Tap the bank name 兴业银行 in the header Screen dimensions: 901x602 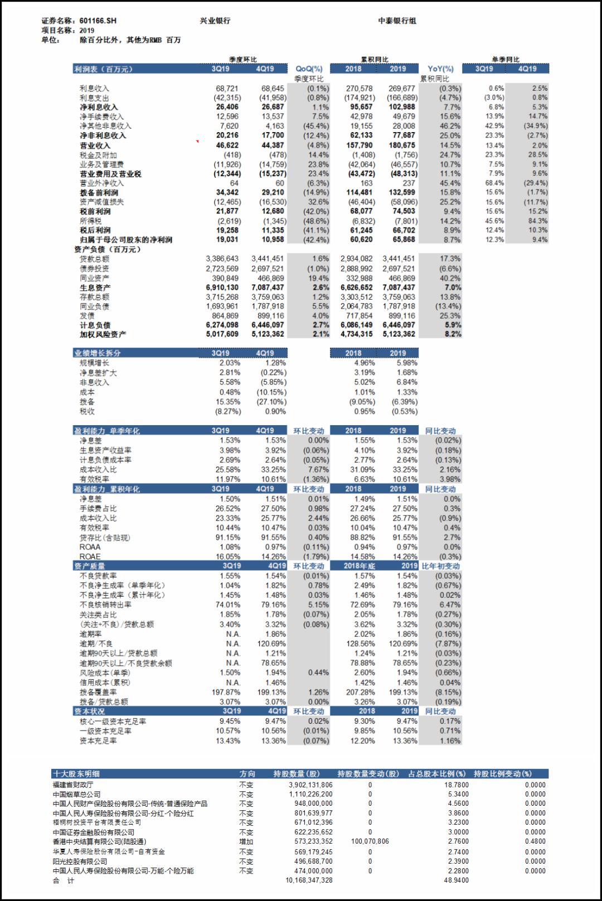coord(215,21)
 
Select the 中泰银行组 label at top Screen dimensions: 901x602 coord(397,21)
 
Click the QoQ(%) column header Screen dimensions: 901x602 coord(309,69)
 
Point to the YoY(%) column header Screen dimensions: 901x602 coord(440,69)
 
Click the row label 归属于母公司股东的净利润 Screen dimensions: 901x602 coord(126,240)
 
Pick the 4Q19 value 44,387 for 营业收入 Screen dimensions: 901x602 coord(273,145)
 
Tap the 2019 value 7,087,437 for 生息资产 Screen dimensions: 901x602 coord(399,288)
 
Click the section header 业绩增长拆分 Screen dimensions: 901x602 coord(98,353)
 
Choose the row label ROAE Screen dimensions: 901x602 coord(90,557)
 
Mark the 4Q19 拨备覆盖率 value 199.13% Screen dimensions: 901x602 coord(273,692)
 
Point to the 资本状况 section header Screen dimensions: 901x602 coord(90,712)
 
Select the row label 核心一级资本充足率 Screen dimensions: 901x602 coord(113,722)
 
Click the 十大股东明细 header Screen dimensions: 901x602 coord(76,774)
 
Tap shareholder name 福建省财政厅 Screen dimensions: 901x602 coord(73,785)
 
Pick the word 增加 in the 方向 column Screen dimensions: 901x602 coord(246,842)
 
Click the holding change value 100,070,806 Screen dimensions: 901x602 coord(370,841)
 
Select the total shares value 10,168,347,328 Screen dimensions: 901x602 coord(309,880)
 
